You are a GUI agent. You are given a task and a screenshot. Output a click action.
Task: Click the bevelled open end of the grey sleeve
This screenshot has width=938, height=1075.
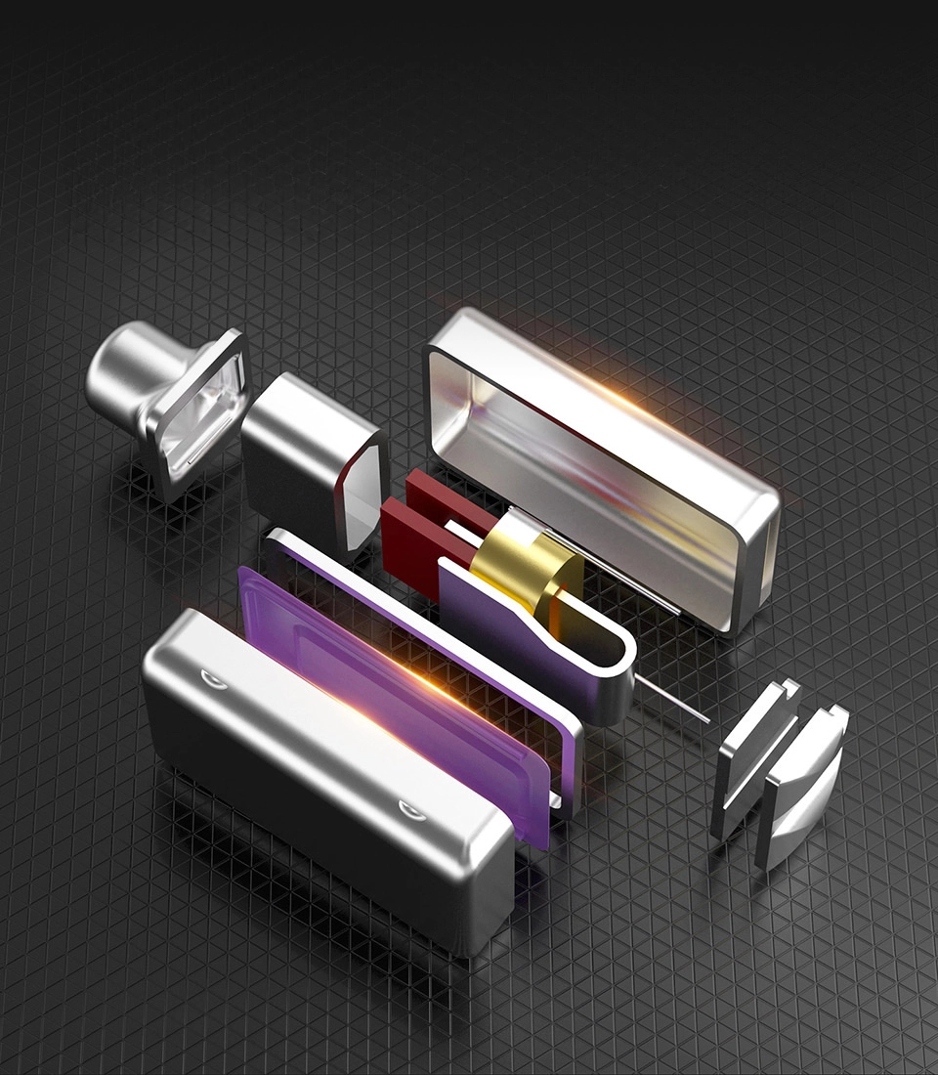(362, 498)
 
